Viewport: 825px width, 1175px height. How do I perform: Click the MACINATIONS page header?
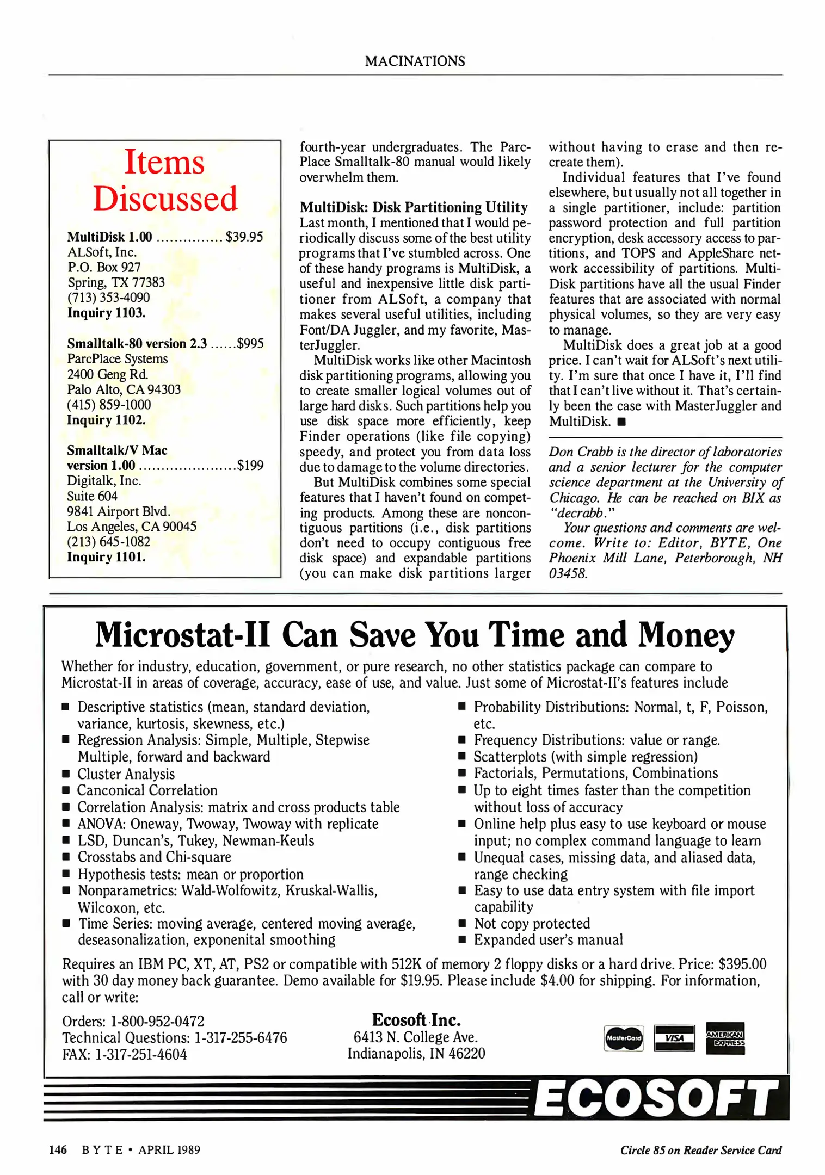(x=415, y=61)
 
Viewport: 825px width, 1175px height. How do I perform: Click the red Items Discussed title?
(x=165, y=180)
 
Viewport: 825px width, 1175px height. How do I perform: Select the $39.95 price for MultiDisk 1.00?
(x=244, y=237)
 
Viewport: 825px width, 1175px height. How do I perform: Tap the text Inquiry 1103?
(x=106, y=313)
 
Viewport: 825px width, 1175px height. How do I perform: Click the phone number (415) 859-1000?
(x=109, y=405)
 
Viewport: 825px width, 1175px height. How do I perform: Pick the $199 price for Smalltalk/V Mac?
(x=250, y=465)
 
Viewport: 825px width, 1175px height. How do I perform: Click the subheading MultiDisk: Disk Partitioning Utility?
(x=414, y=207)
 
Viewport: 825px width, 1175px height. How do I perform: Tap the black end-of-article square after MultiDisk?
(x=622, y=422)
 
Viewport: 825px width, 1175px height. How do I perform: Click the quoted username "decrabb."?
(x=582, y=513)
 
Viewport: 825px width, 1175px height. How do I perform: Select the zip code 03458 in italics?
(x=568, y=573)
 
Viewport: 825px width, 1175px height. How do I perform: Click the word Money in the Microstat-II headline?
(x=686, y=635)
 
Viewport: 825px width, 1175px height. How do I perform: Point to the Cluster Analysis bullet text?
(x=126, y=774)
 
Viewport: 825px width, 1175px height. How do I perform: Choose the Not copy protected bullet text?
(x=532, y=923)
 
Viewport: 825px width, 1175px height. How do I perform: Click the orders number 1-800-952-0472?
(x=157, y=1021)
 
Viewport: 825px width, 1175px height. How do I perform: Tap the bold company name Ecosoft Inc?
(x=416, y=1019)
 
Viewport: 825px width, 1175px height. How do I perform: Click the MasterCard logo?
(x=624, y=1038)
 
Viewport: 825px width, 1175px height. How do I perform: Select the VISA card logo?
(x=674, y=1038)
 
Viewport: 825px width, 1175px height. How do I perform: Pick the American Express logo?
(x=725, y=1038)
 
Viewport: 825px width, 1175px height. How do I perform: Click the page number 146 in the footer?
(x=58, y=1149)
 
